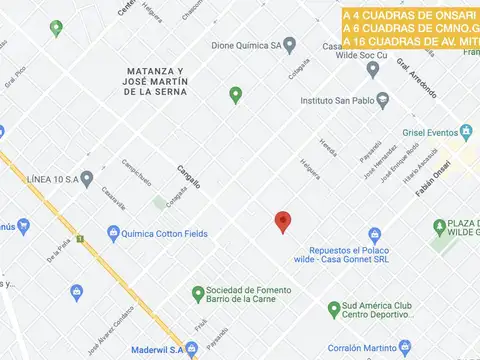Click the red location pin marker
(x=283, y=222)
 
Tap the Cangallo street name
(x=189, y=177)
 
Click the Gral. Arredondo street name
(x=416, y=78)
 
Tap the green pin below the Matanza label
(x=236, y=95)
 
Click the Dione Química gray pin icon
(x=290, y=45)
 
